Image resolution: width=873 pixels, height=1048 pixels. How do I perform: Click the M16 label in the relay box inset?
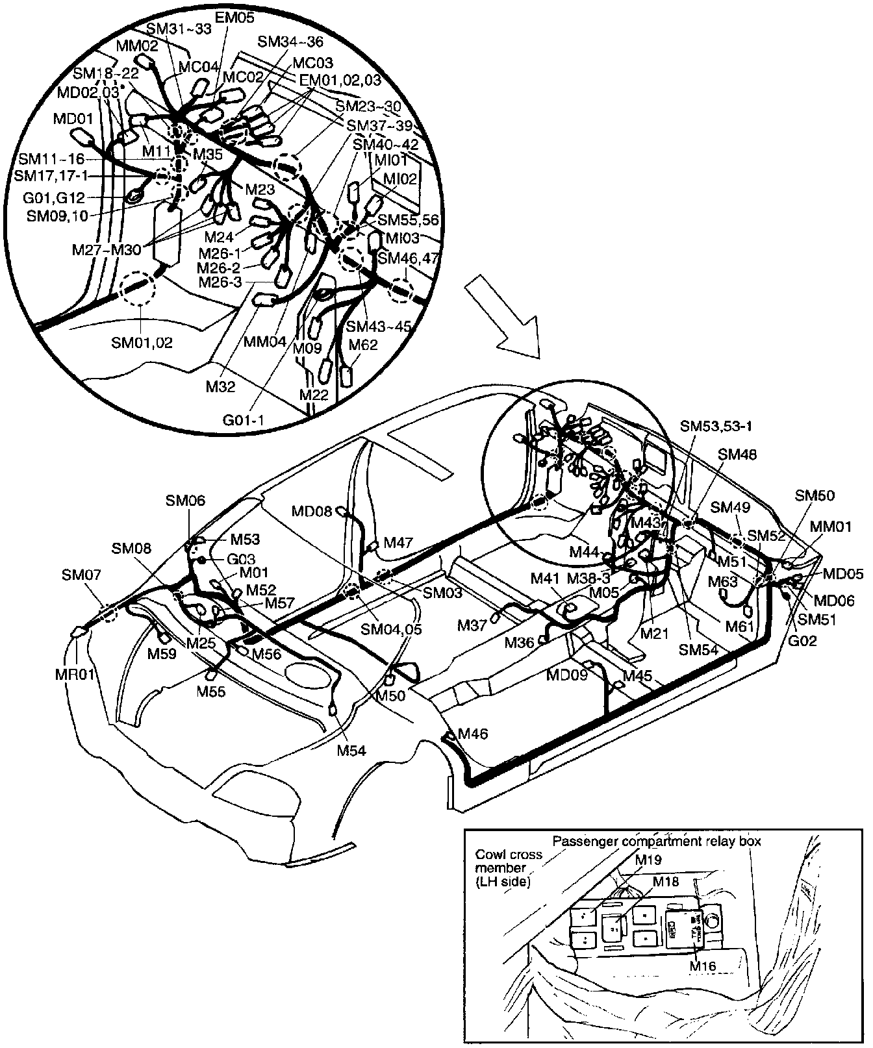[703, 967]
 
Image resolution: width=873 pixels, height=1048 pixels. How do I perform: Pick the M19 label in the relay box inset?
[648, 859]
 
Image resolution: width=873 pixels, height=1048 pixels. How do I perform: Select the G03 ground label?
[241, 559]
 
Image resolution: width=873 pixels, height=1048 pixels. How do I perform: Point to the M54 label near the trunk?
[351, 751]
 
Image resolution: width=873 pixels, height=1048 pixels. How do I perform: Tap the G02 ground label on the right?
[802, 641]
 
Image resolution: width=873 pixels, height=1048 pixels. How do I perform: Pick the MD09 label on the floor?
[566, 675]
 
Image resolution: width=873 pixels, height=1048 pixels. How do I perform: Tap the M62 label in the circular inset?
[363, 345]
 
